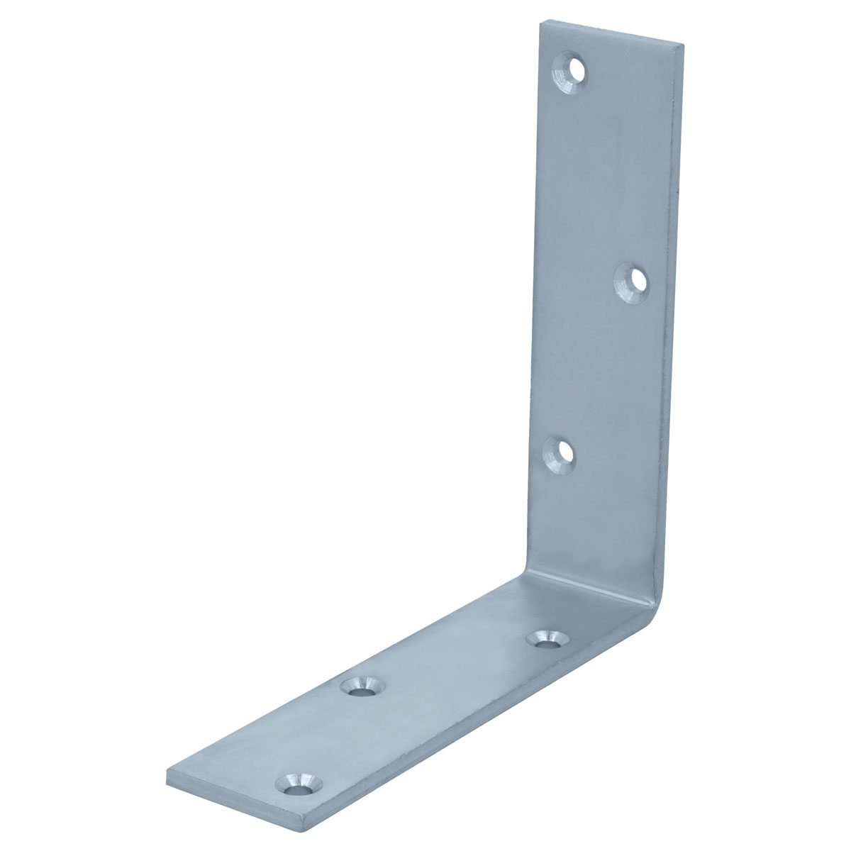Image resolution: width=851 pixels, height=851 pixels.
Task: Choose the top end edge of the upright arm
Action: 613,33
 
